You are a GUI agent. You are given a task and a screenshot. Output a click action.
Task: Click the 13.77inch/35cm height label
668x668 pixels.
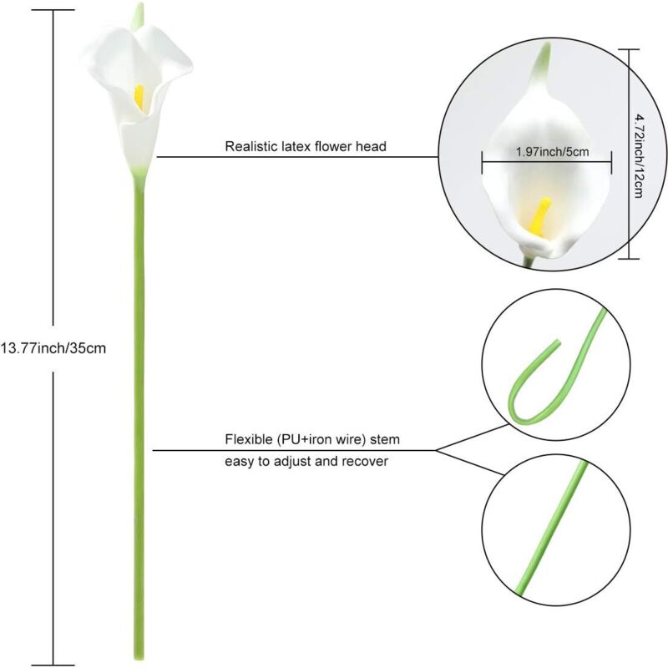click(x=53, y=348)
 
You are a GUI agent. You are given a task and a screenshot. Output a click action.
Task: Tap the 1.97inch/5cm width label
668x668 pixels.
click(x=552, y=152)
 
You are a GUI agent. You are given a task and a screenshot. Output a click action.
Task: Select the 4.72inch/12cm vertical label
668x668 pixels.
click(x=639, y=155)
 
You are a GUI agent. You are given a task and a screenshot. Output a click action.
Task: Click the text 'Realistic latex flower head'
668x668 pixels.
click(x=306, y=146)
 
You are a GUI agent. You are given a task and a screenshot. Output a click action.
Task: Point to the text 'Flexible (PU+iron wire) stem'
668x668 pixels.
click(x=312, y=439)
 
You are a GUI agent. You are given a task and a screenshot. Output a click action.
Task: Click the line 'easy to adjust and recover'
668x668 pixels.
click(x=306, y=462)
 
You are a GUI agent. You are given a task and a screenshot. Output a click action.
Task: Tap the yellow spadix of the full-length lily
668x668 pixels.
click(x=139, y=97)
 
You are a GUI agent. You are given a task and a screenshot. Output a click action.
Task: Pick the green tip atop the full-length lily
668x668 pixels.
click(x=138, y=15)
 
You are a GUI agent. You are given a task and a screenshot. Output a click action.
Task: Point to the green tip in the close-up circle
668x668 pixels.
click(x=541, y=62)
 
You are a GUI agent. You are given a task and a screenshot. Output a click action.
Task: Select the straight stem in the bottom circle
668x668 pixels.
click(x=552, y=529)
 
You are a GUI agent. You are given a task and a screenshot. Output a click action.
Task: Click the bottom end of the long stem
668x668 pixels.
click(x=139, y=659)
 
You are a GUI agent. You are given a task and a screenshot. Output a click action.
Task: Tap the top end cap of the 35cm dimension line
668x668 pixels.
click(x=53, y=10)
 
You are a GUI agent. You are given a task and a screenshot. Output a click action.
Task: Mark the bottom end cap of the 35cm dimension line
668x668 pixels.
click(x=53, y=665)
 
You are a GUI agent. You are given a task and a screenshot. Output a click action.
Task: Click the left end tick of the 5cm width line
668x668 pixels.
click(x=483, y=162)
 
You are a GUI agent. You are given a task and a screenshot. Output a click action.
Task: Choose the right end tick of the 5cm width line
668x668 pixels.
click(x=612, y=162)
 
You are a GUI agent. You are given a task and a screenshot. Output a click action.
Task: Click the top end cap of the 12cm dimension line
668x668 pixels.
click(x=630, y=49)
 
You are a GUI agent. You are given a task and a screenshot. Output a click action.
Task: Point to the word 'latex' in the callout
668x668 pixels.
click(x=296, y=146)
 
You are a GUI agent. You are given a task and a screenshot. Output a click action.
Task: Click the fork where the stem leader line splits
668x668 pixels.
click(x=435, y=450)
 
